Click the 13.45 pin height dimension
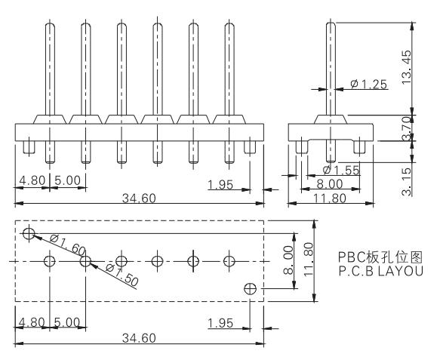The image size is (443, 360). point(406,67)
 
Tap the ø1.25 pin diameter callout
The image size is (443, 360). point(368,84)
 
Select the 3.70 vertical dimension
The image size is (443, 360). point(406,128)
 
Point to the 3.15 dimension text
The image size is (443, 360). point(406,182)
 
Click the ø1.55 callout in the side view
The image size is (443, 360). point(341,170)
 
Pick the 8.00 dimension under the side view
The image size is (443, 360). point(330,184)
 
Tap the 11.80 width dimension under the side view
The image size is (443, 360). point(330,198)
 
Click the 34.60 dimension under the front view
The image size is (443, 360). point(139,198)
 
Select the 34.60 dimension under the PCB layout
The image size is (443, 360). point(139,338)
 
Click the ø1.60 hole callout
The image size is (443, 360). point(67,245)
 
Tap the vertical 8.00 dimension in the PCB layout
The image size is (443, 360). point(288,260)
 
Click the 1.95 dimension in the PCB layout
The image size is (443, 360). point(220,323)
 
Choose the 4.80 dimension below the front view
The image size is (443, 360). point(32,180)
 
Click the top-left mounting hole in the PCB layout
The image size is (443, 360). point(29,234)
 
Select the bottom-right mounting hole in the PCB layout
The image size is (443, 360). point(250,289)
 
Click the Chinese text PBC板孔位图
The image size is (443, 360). point(380,257)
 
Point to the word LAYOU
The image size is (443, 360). point(401,271)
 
